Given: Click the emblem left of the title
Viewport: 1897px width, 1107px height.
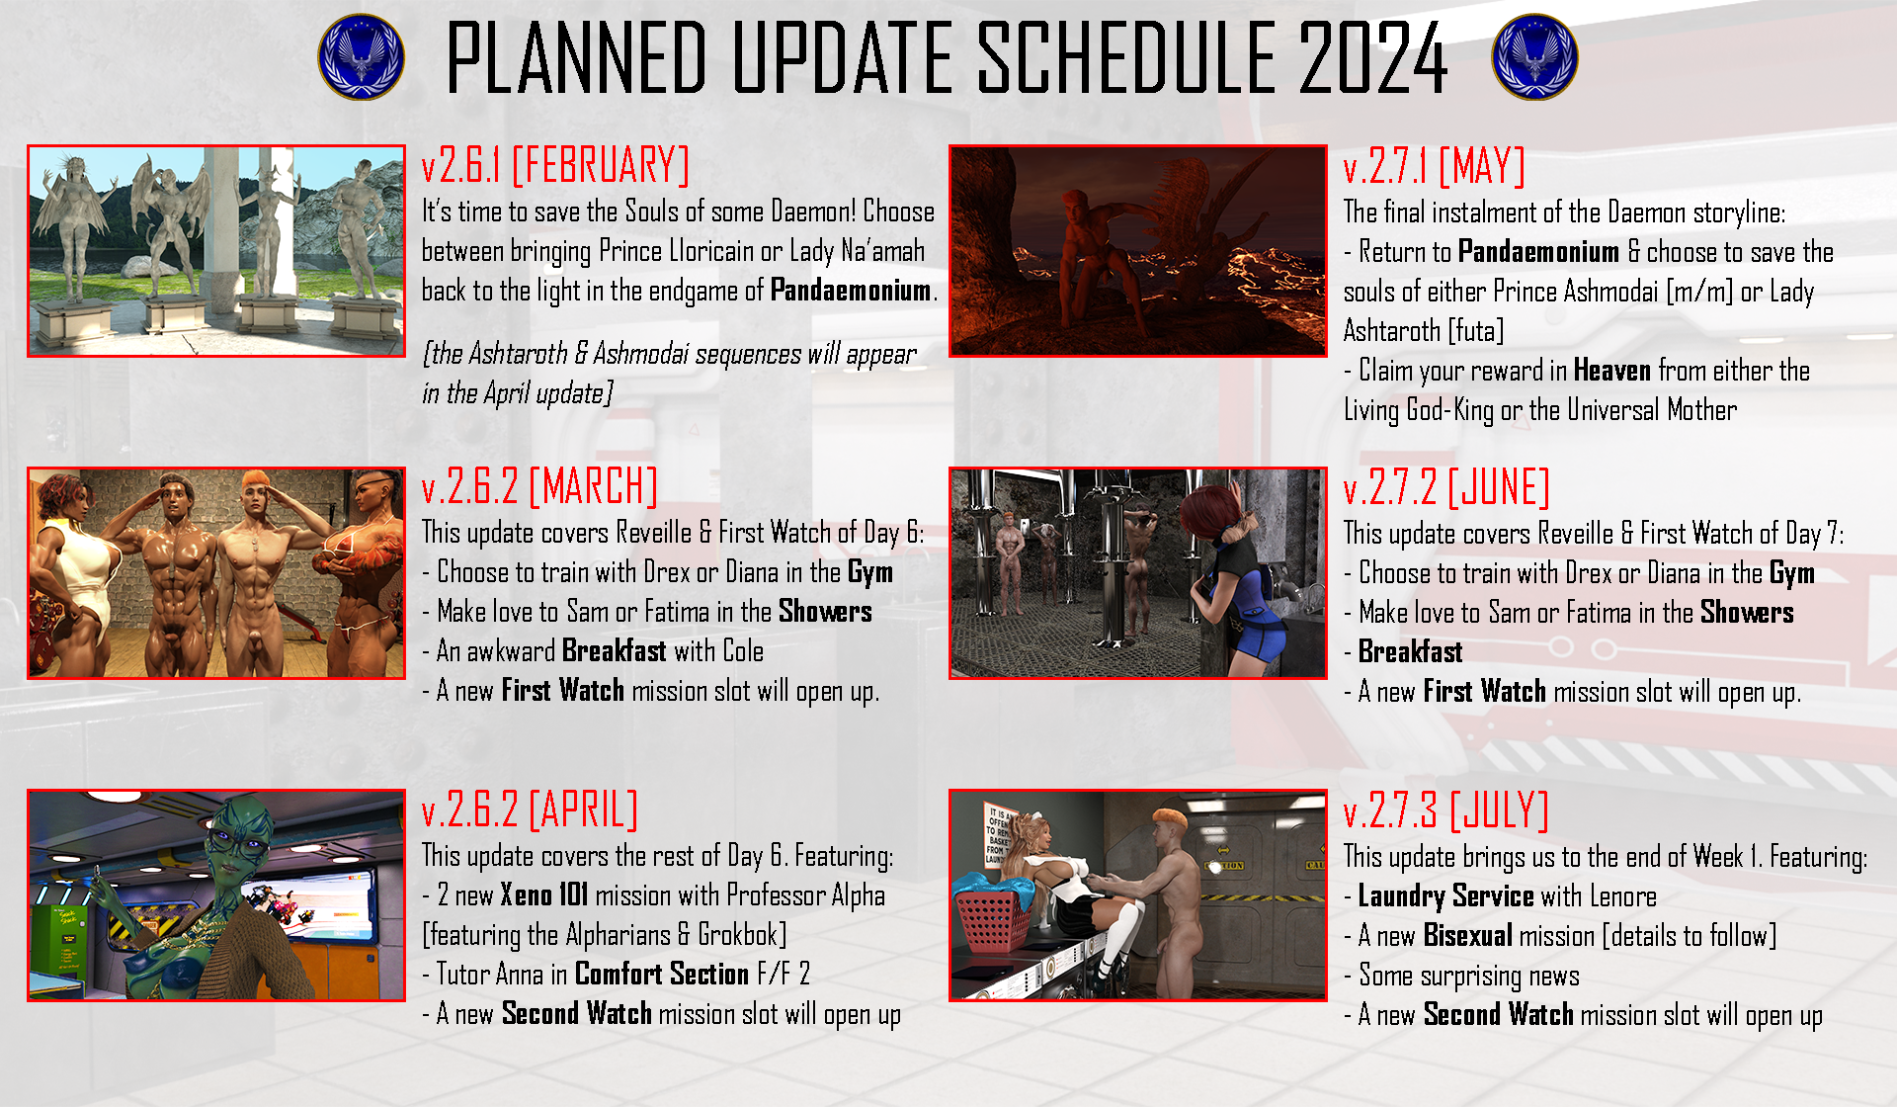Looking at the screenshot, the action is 362,56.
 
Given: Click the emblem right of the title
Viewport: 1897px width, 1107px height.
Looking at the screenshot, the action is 1534,56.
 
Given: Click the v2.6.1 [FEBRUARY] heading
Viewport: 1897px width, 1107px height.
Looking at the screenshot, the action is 555,165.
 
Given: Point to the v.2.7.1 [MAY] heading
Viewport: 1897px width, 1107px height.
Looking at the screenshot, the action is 1434,166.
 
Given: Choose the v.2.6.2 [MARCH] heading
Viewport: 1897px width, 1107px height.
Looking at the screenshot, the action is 539,487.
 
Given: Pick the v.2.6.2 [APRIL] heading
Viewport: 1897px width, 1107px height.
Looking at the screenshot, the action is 530,810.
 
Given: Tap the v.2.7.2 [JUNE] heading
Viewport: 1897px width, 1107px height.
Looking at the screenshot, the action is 1446,488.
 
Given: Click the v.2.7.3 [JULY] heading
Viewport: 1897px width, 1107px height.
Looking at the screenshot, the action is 1445,811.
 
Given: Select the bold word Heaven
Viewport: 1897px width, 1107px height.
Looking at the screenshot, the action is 1611,371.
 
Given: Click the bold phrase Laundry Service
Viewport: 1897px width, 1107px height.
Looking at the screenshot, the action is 1445,897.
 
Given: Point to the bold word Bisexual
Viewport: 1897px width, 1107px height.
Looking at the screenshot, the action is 1468,936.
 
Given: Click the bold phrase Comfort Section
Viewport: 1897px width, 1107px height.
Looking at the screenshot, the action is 662,975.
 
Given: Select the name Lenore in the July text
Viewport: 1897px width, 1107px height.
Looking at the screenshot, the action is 1623,896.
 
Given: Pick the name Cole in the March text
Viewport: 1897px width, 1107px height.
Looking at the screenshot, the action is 743,651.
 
